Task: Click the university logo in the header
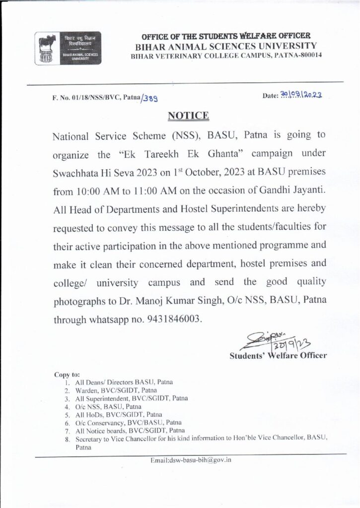pos(68,48)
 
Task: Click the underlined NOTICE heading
pos(188,116)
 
